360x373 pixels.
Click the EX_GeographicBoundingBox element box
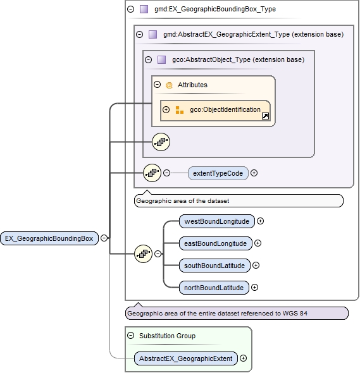tap(49, 238)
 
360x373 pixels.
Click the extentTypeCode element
tap(218, 173)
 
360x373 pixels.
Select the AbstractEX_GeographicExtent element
tap(186, 358)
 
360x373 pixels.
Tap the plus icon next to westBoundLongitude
tap(260, 221)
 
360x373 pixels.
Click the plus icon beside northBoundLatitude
tap(254, 288)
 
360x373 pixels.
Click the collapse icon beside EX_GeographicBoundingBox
tap(104, 238)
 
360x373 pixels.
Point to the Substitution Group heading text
tap(168, 336)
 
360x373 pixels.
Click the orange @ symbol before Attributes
tap(169, 85)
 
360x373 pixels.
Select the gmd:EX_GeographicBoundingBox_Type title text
tap(214, 9)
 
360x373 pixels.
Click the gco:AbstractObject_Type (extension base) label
tap(238, 60)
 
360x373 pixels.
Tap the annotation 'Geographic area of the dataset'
tap(182, 201)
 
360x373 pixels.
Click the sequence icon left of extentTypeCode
tap(152, 173)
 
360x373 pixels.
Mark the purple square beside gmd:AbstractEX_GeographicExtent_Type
tap(152, 35)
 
